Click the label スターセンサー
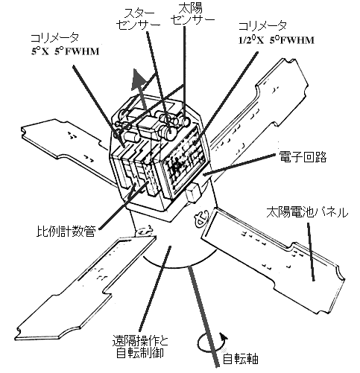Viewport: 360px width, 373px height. coord(139,20)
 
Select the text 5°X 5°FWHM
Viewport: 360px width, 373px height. coord(65,51)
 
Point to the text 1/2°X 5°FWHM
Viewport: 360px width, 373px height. coord(277,40)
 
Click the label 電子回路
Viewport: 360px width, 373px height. coord(303,156)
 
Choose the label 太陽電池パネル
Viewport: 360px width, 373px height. coord(307,212)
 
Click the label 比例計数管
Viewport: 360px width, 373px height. coord(66,232)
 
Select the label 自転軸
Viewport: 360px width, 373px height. coord(241,359)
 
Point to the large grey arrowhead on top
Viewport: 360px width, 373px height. coord(139,79)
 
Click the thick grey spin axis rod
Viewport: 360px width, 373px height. coord(203,315)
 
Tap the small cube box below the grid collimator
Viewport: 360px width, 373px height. coord(193,191)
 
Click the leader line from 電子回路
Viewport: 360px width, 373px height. coord(240,164)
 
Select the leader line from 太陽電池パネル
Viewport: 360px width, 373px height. coord(311,252)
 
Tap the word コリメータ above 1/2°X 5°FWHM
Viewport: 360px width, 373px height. coord(262,26)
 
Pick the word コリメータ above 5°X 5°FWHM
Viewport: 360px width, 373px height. coord(54,37)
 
